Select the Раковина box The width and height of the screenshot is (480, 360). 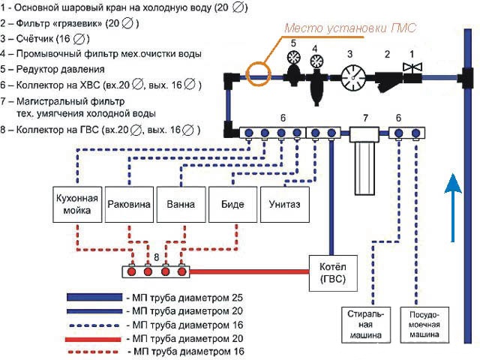tap(130, 203)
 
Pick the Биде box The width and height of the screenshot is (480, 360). tap(232, 203)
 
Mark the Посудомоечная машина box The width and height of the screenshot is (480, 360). tap(425, 324)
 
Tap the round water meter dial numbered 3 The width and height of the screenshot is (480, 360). tap(350, 76)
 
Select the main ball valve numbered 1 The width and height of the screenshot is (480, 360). tap(412, 72)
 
